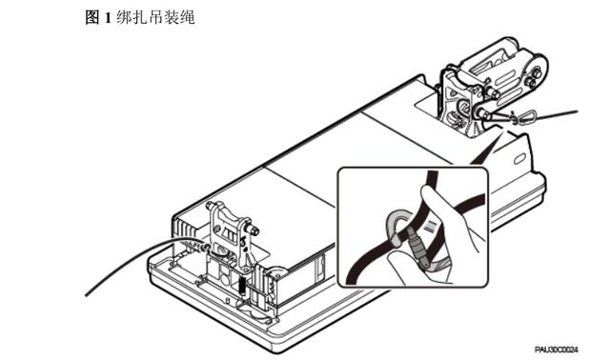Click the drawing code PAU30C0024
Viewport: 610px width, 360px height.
(x=556, y=350)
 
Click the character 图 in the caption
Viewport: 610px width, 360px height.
(x=92, y=17)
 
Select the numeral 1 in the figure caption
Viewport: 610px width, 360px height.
(x=108, y=18)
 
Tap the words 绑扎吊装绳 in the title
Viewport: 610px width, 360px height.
(x=155, y=17)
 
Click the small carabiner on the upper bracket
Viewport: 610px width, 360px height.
(x=526, y=117)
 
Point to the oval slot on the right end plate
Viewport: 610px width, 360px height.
(x=519, y=159)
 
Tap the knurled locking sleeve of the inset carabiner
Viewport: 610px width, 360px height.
(x=417, y=249)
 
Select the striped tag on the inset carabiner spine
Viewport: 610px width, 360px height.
(x=432, y=226)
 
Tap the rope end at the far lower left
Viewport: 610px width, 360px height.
(x=87, y=294)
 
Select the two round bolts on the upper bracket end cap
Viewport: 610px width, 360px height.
(x=533, y=76)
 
